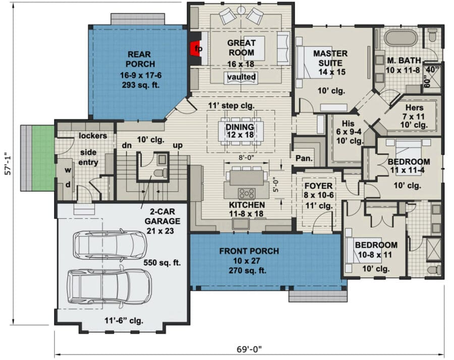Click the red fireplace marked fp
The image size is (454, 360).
click(194, 48)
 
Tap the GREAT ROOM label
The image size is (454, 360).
click(241, 48)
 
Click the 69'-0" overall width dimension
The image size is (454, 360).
click(249, 349)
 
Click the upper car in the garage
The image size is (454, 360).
click(110, 245)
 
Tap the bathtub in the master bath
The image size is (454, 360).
click(401, 38)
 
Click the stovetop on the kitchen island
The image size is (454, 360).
click(246, 193)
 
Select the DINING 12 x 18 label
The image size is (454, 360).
click(240, 131)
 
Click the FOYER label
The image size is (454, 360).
click(318, 186)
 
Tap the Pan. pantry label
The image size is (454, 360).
click(304, 158)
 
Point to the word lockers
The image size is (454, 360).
click(93, 136)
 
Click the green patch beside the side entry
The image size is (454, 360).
click(43, 158)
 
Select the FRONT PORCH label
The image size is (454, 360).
click(249, 251)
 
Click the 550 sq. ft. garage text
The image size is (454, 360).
click(162, 263)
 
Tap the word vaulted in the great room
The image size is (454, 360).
click(242, 77)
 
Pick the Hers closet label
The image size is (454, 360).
click(414, 108)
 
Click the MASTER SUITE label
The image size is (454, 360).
click(330, 58)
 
